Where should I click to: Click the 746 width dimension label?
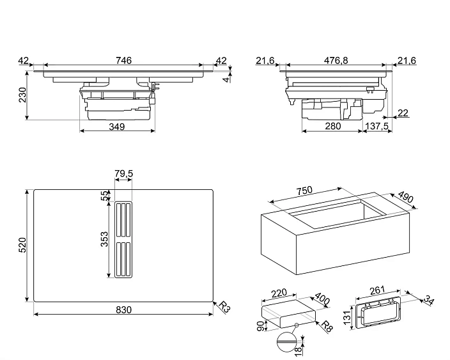coord(123,60)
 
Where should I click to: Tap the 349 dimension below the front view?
coord(116,126)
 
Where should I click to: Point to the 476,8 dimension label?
coord(335,60)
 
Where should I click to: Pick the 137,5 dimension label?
coord(377,126)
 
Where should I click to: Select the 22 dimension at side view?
coord(402,113)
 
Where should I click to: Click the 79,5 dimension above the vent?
coord(123,174)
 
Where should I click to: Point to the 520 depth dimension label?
coord(22,246)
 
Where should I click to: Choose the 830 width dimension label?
coord(123,310)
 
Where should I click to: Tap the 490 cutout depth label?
coord(405,198)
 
